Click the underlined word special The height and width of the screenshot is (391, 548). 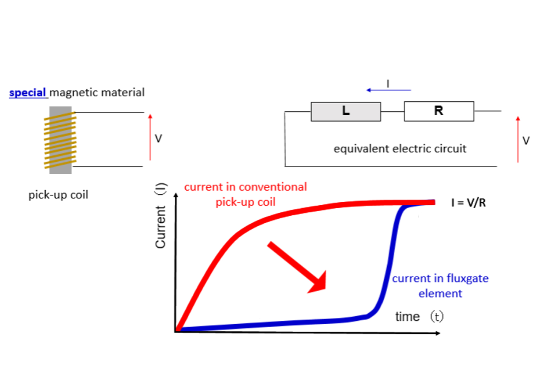pos(28,93)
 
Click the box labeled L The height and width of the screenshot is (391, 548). pos(346,112)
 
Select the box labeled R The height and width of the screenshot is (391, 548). pos(439,111)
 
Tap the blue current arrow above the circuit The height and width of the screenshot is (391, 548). pos(389,90)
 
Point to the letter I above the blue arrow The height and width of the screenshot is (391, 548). pos(388,84)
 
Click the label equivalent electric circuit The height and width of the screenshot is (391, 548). pos(400,149)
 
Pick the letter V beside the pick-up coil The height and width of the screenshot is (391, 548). pos(158,138)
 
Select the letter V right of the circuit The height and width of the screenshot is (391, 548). pos(526,141)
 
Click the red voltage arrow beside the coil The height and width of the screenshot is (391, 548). pos(150,137)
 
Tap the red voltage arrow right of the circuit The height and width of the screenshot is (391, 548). pos(518,139)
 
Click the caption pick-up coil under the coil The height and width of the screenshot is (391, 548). pos(58,195)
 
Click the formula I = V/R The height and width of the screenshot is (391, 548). pos(469,203)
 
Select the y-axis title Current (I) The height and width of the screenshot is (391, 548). pos(160,216)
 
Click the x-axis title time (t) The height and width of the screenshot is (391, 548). pos(419,317)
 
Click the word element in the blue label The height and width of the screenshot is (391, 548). pos(440,294)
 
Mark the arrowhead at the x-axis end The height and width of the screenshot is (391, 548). pos(438,333)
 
